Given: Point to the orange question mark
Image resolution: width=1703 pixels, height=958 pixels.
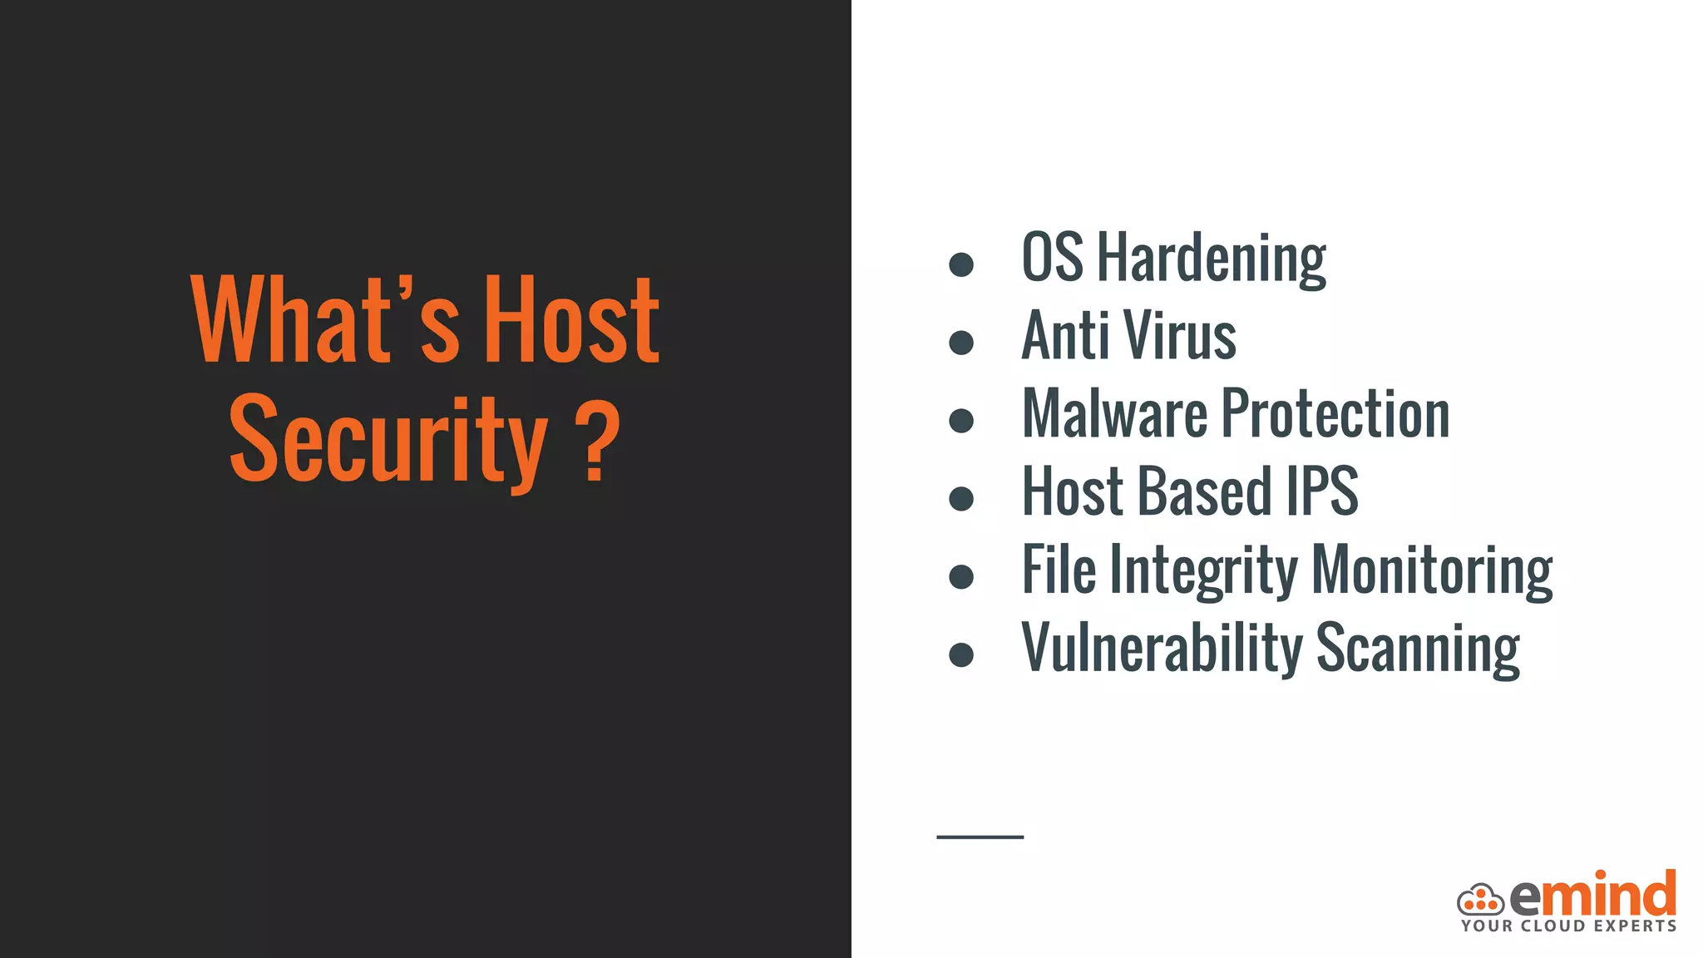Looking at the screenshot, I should pos(597,441).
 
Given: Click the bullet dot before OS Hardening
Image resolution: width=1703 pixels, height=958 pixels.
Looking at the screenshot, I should pos(961,264).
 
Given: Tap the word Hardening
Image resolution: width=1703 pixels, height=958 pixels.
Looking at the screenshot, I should pos(1212,259).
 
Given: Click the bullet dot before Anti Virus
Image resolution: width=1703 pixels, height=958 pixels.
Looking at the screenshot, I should pos(961,343).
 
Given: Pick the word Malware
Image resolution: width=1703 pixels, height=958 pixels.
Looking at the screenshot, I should pos(1114,413).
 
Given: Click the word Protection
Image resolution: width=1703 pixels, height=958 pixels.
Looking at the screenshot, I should pos(1335,413).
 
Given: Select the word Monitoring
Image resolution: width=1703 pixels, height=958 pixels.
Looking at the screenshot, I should pos(1432,570).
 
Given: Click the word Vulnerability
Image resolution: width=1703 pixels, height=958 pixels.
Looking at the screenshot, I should pos(1162,649).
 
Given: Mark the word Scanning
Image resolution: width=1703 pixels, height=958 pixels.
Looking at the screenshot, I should pos(1418,649).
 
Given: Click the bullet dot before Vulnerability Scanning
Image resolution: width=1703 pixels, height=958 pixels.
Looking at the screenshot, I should pos(961,654).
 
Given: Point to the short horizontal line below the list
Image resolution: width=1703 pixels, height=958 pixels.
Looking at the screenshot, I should pos(980,837).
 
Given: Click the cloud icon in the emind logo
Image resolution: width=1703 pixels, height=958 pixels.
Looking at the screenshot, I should pos(1480,900).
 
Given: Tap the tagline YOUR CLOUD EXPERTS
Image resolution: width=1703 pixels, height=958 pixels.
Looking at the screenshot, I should pos(1569,926).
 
